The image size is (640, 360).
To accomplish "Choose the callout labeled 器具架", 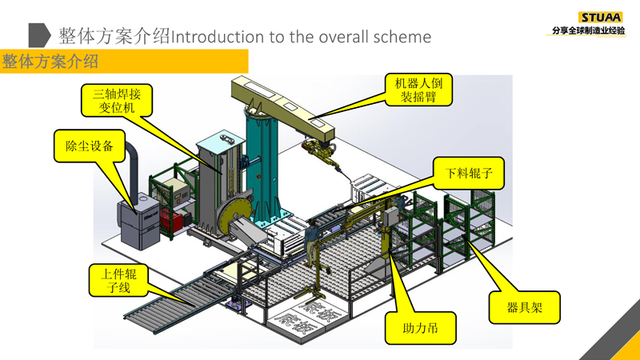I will click(526, 306).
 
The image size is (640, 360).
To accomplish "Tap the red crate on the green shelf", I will click(171, 221).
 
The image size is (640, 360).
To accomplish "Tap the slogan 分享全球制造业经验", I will click(588, 31).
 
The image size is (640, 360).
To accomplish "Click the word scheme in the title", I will click(403, 37).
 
